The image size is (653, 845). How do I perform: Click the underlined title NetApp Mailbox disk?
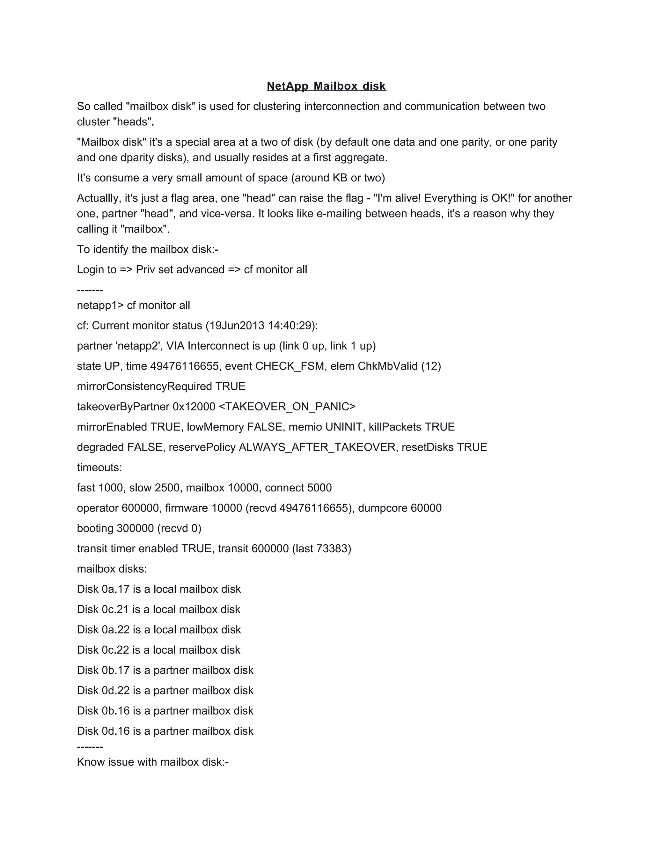[326, 86]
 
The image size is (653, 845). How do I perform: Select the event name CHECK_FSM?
[290, 366]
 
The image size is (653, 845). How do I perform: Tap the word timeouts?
[99, 467]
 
